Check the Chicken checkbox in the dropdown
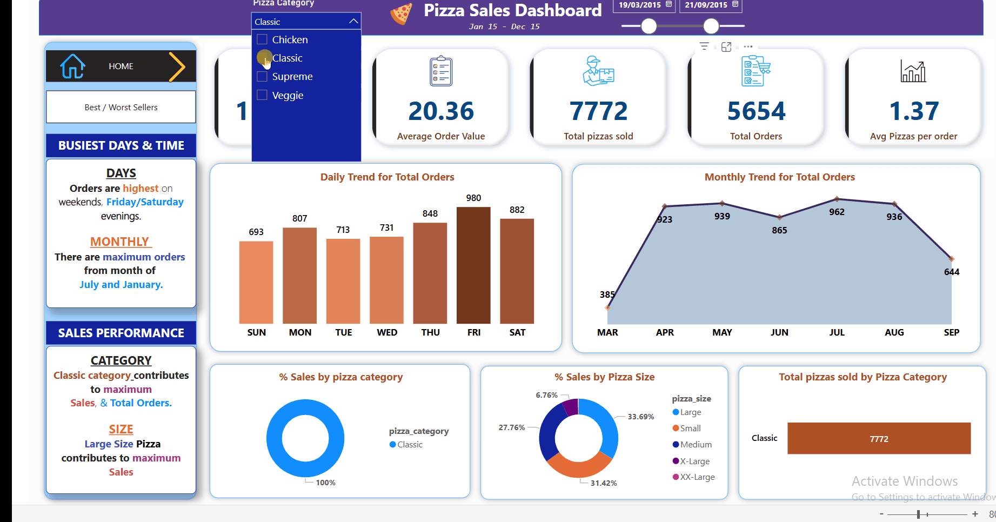point(262,39)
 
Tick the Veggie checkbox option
point(262,95)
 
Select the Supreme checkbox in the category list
point(262,77)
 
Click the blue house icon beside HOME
point(72,66)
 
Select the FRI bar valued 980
point(473,265)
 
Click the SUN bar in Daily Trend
point(256,282)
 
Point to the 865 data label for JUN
point(779,230)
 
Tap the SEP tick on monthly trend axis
point(951,332)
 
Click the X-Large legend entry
point(694,461)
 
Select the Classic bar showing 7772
point(879,438)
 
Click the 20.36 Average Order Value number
point(441,111)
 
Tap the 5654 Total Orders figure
point(756,111)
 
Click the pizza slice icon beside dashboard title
point(401,14)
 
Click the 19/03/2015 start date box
point(640,5)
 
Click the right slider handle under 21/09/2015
point(711,26)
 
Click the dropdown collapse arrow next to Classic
point(353,21)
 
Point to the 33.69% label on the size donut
point(641,417)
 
